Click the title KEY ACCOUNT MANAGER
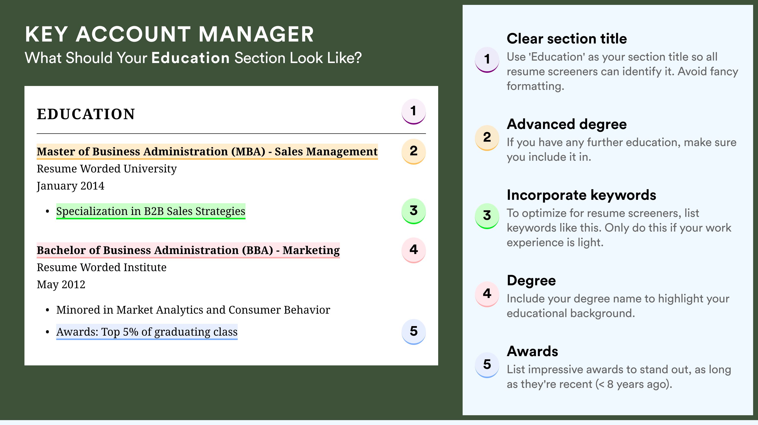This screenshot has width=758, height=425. [x=169, y=34]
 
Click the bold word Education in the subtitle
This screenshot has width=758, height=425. [x=190, y=58]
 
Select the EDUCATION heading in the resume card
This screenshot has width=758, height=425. [x=86, y=114]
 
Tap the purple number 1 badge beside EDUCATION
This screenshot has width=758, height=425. [x=413, y=111]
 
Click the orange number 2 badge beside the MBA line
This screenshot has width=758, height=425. [x=413, y=151]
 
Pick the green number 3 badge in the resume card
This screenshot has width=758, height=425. [x=413, y=211]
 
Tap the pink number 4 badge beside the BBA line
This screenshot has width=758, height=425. [x=413, y=250]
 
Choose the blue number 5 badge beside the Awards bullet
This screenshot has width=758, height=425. [x=413, y=332]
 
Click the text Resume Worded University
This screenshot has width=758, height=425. [x=107, y=169]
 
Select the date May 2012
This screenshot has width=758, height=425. [x=61, y=285]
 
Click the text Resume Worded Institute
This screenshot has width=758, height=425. [x=101, y=267]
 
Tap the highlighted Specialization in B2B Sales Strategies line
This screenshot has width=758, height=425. [x=151, y=211]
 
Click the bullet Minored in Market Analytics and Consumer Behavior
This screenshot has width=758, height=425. [x=193, y=310]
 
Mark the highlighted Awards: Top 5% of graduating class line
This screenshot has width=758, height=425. [x=147, y=332]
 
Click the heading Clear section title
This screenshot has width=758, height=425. [x=567, y=39]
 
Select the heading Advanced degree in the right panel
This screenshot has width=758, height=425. [x=567, y=124]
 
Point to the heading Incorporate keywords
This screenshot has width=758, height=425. [x=581, y=195]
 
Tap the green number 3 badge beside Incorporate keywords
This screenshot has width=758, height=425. [x=487, y=216]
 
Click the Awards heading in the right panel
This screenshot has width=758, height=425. [x=532, y=351]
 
